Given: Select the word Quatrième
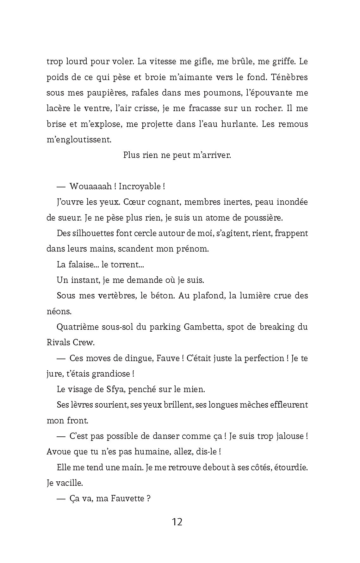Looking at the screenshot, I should point(78,327).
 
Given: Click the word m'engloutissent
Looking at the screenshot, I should point(79,140).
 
